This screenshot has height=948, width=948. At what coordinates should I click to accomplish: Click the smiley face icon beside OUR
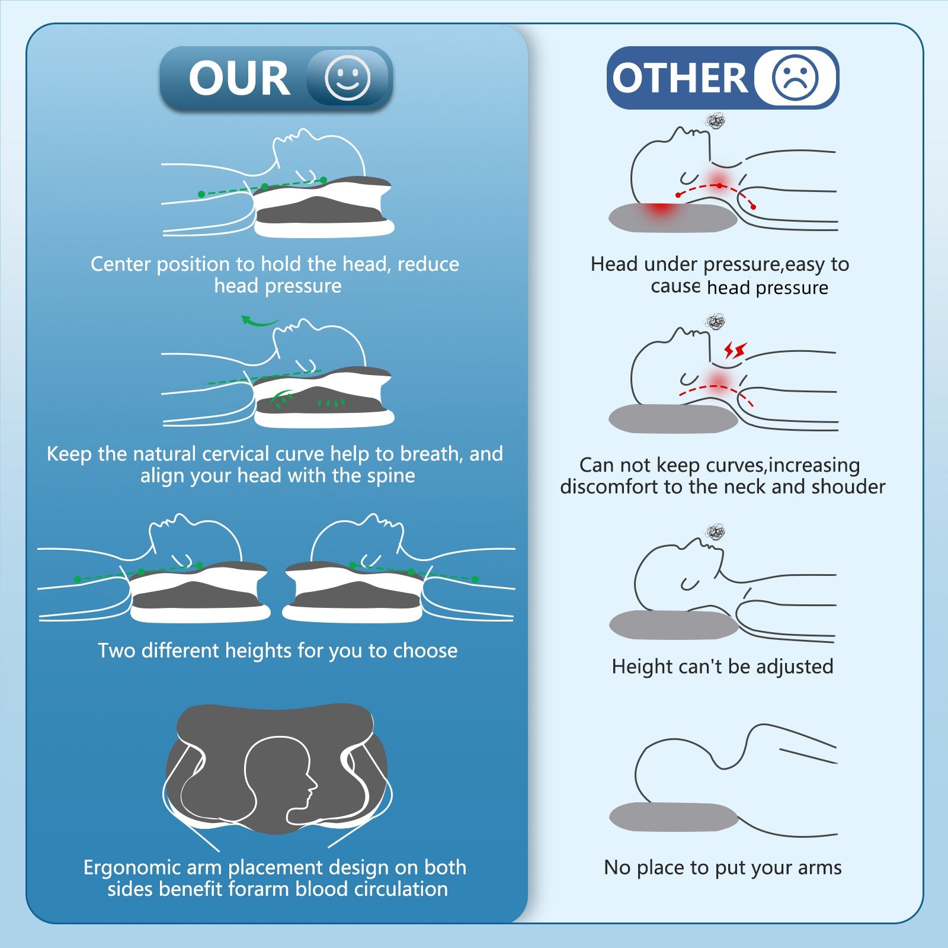[x=347, y=78]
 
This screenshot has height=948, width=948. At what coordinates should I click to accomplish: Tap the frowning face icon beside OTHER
[x=795, y=78]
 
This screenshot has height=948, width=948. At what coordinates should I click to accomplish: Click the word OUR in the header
[x=239, y=78]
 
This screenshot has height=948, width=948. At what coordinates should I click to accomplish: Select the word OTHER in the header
[x=680, y=78]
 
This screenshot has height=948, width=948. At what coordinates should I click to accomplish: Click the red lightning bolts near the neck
[x=735, y=350]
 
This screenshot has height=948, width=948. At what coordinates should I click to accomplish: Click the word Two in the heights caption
[x=117, y=651]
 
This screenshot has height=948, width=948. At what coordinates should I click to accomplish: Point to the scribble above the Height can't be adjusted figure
[x=716, y=532]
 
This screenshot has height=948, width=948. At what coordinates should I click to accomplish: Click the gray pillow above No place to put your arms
[x=674, y=816]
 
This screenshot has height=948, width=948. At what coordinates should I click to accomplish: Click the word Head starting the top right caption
[x=614, y=264]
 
